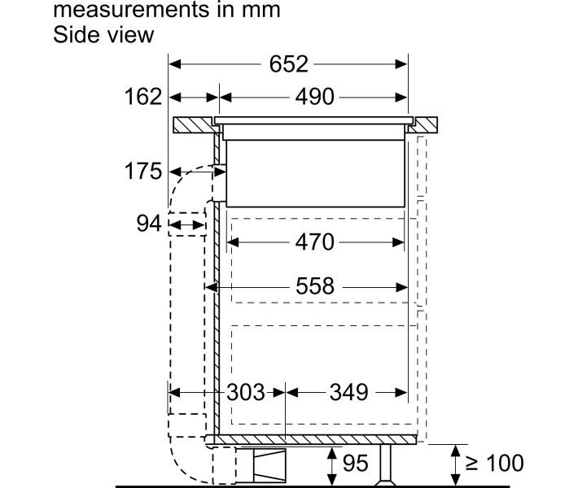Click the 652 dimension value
pyautogui.click(x=288, y=64)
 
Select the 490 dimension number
pyautogui.click(x=314, y=97)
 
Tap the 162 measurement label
pyautogui.click(x=143, y=97)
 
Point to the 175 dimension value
pyautogui.click(x=143, y=172)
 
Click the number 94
pyautogui.click(x=149, y=223)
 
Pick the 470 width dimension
pyautogui.click(x=314, y=242)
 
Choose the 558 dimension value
pyautogui.click(x=315, y=286)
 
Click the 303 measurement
pyautogui.click(x=246, y=392)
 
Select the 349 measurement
pyautogui.click(x=348, y=392)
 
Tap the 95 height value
pyautogui.click(x=356, y=463)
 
